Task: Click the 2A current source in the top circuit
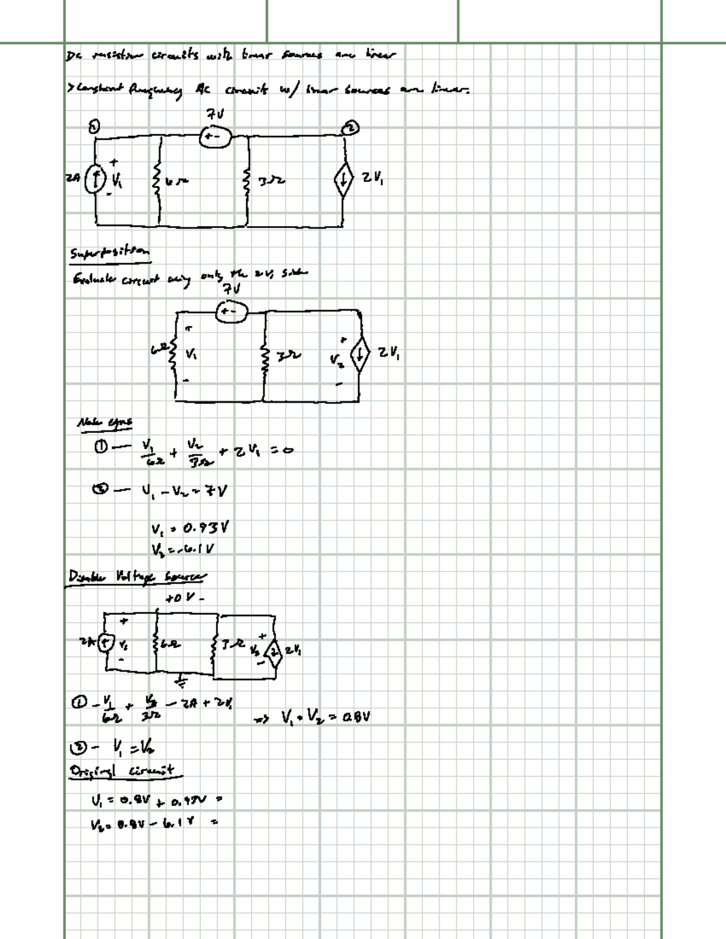pyautogui.click(x=92, y=180)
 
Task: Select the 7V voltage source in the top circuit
pyautogui.click(x=215, y=137)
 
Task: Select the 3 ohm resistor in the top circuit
pyautogui.click(x=247, y=180)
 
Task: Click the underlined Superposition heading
pyautogui.click(x=109, y=253)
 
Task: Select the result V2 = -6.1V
pyautogui.click(x=184, y=549)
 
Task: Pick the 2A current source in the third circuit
pyautogui.click(x=106, y=643)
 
